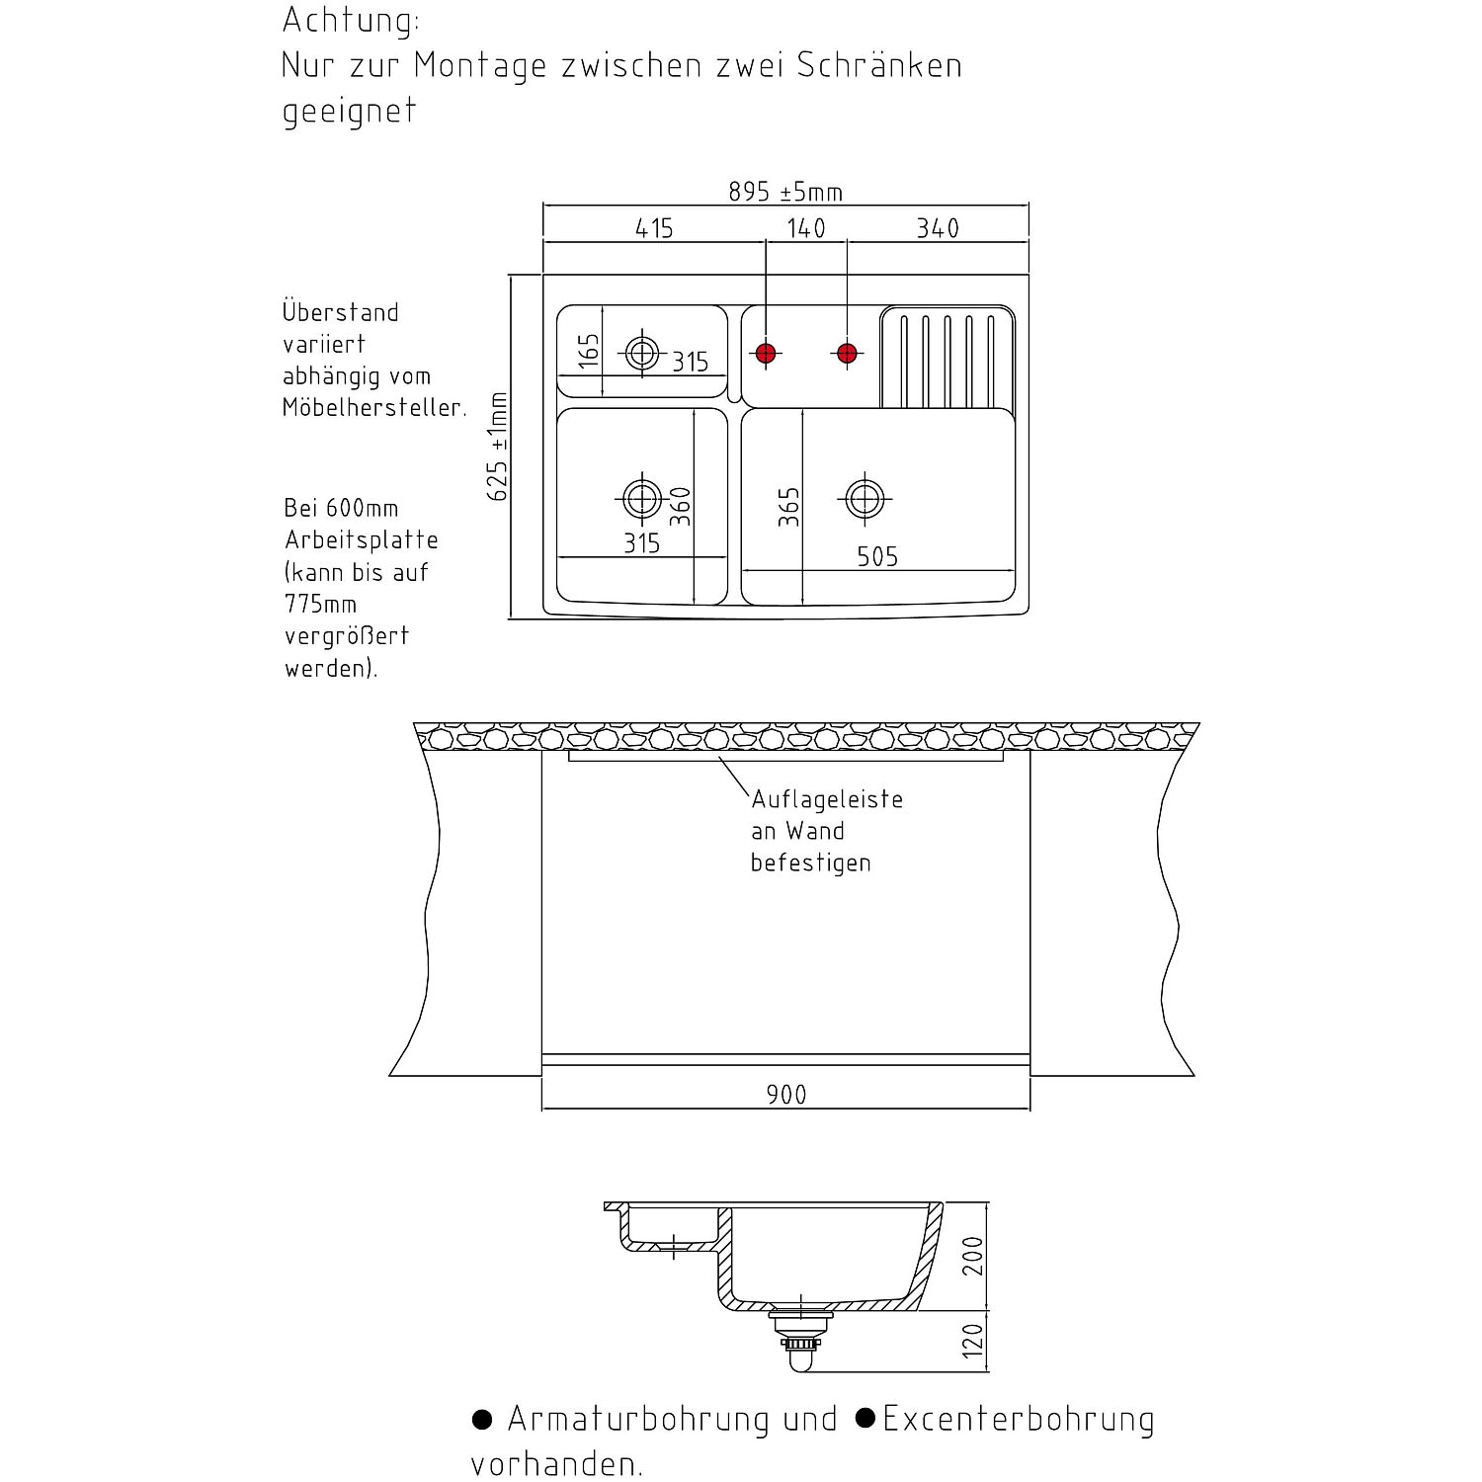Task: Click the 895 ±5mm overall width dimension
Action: pyautogui.click(x=785, y=191)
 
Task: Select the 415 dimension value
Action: pyautogui.click(x=654, y=228)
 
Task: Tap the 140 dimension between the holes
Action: pyautogui.click(x=806, y=228)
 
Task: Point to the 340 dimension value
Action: pyautogui.click(x=938, y=228)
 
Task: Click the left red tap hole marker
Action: pyautogui.click(x=766, y=353)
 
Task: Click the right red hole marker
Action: pyautogui.click(x=846, y=353)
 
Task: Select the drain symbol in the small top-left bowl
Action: pyautogui.click(x=642, y=352)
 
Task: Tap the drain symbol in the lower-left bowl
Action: pyautogui.click(x=642, y=499)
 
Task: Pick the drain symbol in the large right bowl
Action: pyautogui.click(x=864, y=499)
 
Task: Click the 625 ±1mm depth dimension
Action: pyautogui.click(x=498, y=447)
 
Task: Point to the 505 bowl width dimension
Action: pyautogui.click(x=877, y=557)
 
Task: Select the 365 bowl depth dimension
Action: pyautogui.click(x=788, y=507)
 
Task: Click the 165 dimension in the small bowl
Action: pyautogui.click(x=589, y=352)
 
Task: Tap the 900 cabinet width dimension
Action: pyautogui.click(x=786, y=1095)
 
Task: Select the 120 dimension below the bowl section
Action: pyautogui.click(x=973, y=1342)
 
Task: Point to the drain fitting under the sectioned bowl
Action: pyautogui.click(x=800, y=1339)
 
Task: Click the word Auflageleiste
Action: pyautogui.click(x=828, y=798)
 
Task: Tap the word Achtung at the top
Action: pyautogui.click(x=351, y=21)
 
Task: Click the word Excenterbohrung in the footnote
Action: pyautogui.click(x=1019, y=1419)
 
